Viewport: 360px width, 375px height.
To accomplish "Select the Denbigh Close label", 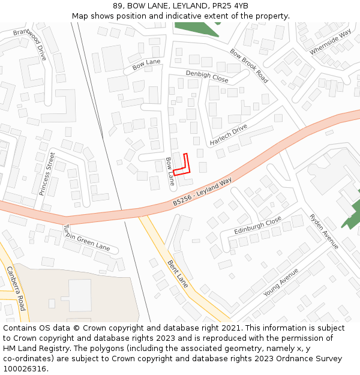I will point(207,77).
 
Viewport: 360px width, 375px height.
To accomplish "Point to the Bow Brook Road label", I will point(249,65).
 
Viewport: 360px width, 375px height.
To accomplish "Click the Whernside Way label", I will point(331,43).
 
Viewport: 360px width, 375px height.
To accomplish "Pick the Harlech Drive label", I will point(229,136).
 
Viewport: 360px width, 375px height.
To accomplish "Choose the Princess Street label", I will point(47,173).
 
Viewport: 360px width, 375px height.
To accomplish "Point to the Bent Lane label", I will point(178,274).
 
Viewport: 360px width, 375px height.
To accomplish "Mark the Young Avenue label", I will point(281,282).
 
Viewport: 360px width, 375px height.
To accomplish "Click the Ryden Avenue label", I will point(324,231).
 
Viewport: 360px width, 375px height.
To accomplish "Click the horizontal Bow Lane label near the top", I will point(146,62).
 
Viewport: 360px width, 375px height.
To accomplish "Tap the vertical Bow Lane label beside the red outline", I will point(170,171).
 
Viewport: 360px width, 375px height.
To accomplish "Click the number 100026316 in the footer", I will point(24,368).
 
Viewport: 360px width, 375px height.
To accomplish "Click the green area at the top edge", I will point(198,28).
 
